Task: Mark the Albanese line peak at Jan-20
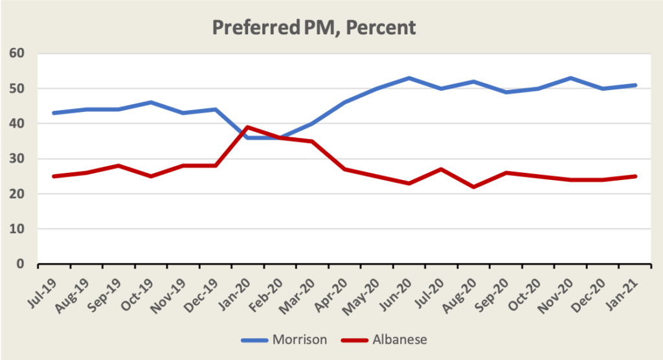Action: pos(248,127)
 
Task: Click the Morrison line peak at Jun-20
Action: pos(410,78)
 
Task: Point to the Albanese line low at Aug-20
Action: pos(475,187)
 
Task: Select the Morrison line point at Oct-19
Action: pos(151,102)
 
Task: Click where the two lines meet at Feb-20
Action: pos(280,137)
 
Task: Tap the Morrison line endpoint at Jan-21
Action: pos(636,85)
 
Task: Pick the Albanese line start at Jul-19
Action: pos(54,176)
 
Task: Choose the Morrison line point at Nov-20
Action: pos(571,78)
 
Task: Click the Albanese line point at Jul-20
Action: pos(442,169)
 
